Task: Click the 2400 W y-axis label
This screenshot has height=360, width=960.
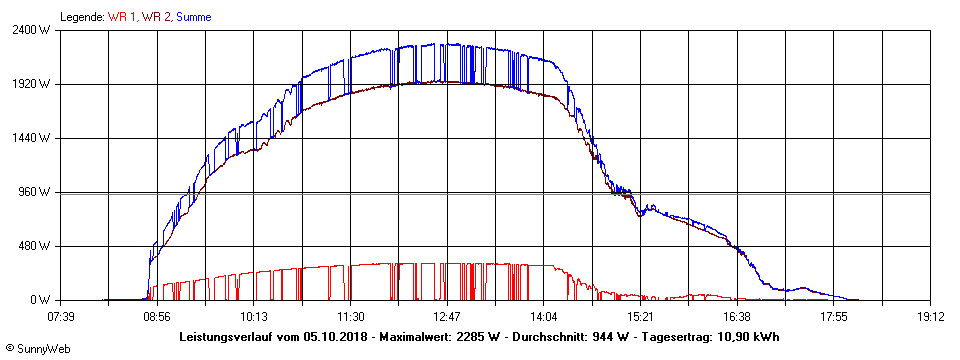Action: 33,30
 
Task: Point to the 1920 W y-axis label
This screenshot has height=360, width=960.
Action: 33,84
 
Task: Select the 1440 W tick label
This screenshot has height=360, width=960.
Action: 33,138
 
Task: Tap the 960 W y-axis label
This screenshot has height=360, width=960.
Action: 36,192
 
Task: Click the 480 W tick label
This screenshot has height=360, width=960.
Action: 36,246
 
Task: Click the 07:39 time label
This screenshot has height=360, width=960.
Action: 60,317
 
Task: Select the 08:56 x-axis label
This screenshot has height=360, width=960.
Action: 157,317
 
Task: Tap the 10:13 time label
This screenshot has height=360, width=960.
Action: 254,317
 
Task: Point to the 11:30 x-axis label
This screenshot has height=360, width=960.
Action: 350,317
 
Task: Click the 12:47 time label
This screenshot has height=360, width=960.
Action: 447,317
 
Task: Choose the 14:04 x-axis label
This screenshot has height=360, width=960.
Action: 544,317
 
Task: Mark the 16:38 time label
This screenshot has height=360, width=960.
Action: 737,317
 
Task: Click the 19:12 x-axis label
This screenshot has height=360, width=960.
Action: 930,317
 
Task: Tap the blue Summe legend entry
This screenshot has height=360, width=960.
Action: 193,17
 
